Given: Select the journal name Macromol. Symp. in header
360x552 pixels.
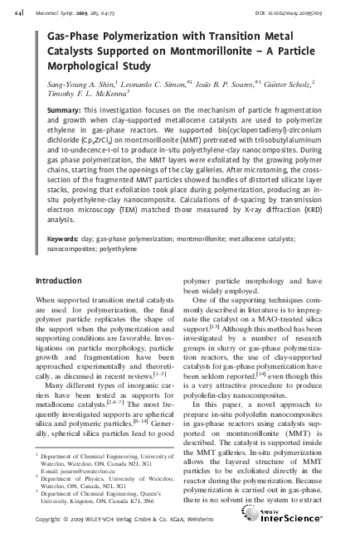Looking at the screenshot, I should (51, 9).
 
